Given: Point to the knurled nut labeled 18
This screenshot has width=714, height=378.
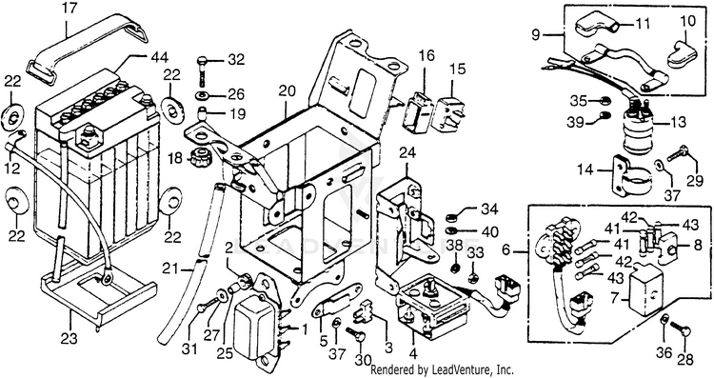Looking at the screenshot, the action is pos(198,159).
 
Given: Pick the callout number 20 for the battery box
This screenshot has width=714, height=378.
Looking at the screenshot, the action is pos(286,91).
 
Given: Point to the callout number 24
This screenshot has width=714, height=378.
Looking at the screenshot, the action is pos(407,153).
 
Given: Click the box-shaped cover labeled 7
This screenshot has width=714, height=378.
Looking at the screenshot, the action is pos(645,289).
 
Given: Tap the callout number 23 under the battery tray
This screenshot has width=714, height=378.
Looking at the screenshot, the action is pos(69,339).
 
